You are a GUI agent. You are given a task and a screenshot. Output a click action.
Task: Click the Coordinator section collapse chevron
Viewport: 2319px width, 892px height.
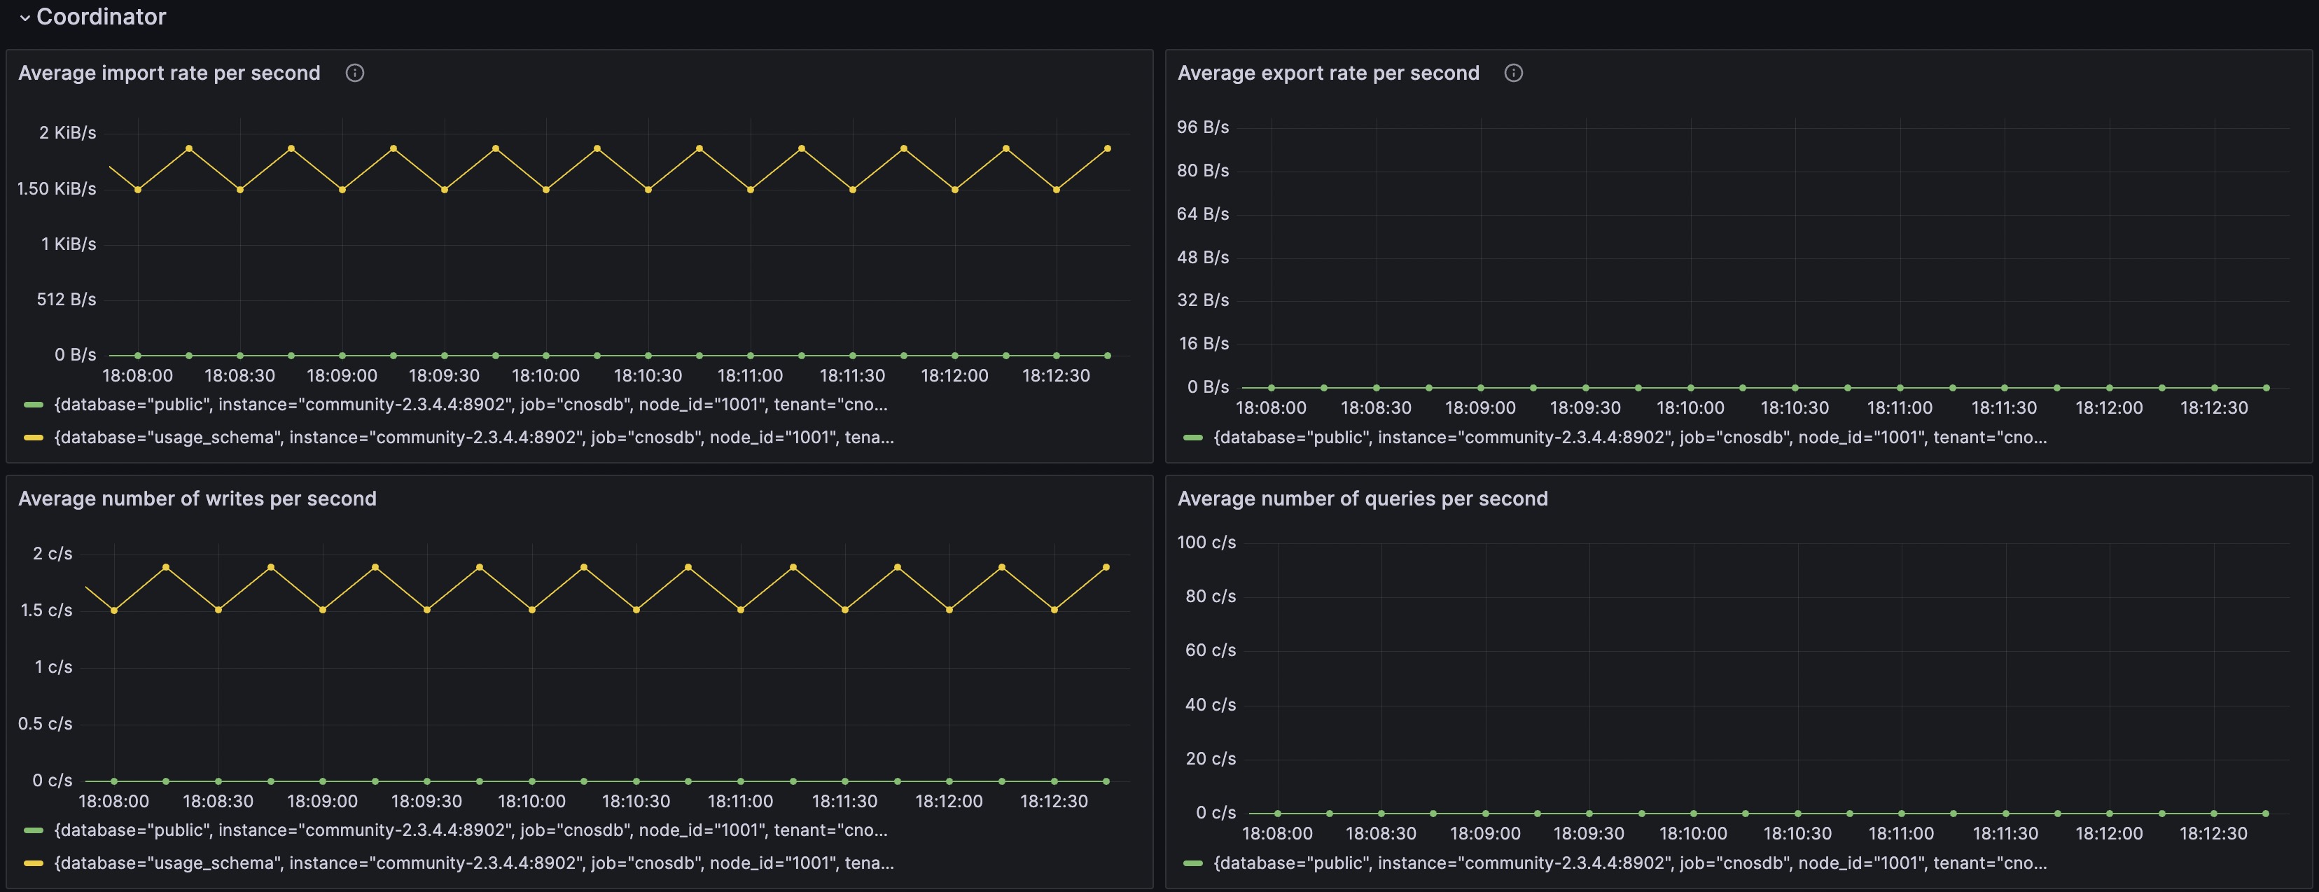tap(25, 17)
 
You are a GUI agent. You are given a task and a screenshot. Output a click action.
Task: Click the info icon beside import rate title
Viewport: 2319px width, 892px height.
tap(355, 73)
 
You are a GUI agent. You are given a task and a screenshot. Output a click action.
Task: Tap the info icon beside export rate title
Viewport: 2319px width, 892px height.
tap(1513, 73)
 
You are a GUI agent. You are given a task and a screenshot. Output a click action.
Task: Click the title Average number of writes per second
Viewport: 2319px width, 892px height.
tap(197, 499)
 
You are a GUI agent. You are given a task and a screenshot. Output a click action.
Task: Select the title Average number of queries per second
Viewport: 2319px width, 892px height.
tap(1362, 499)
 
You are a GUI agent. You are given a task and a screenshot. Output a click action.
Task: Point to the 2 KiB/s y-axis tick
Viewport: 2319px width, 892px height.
tap(67, 132)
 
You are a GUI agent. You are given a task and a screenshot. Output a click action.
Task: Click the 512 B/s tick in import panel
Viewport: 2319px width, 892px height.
tap(66, 299)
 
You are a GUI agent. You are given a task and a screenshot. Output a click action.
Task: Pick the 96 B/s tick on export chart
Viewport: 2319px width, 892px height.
tap(1203, 127)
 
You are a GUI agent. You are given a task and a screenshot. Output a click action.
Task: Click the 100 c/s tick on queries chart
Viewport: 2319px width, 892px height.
tap(1206, 542)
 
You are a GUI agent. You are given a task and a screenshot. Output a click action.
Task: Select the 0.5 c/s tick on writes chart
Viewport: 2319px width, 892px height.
tap(45, 724)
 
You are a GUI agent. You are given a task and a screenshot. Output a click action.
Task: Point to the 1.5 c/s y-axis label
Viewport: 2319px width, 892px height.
tap(46, 611)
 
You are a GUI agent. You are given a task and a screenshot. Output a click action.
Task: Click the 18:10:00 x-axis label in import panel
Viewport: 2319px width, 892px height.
tap(545, 375)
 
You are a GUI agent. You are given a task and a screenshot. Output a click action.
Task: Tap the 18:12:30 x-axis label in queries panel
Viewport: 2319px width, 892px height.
tap(2213, 833)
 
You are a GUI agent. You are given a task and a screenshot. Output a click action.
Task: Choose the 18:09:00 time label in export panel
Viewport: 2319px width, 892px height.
tap(1480, 407)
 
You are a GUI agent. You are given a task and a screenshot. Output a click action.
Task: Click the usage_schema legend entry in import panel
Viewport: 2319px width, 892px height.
tap(473, 438)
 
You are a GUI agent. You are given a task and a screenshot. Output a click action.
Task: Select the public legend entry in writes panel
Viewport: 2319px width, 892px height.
tap(470, 830)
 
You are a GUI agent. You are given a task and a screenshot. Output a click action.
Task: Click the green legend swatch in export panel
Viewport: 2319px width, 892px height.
tap(1193, 438)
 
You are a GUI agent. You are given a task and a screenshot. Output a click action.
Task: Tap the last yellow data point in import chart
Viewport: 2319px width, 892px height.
tap(1107, 148)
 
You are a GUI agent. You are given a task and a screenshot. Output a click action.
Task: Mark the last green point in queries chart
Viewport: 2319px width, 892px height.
tap(2265, 814)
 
